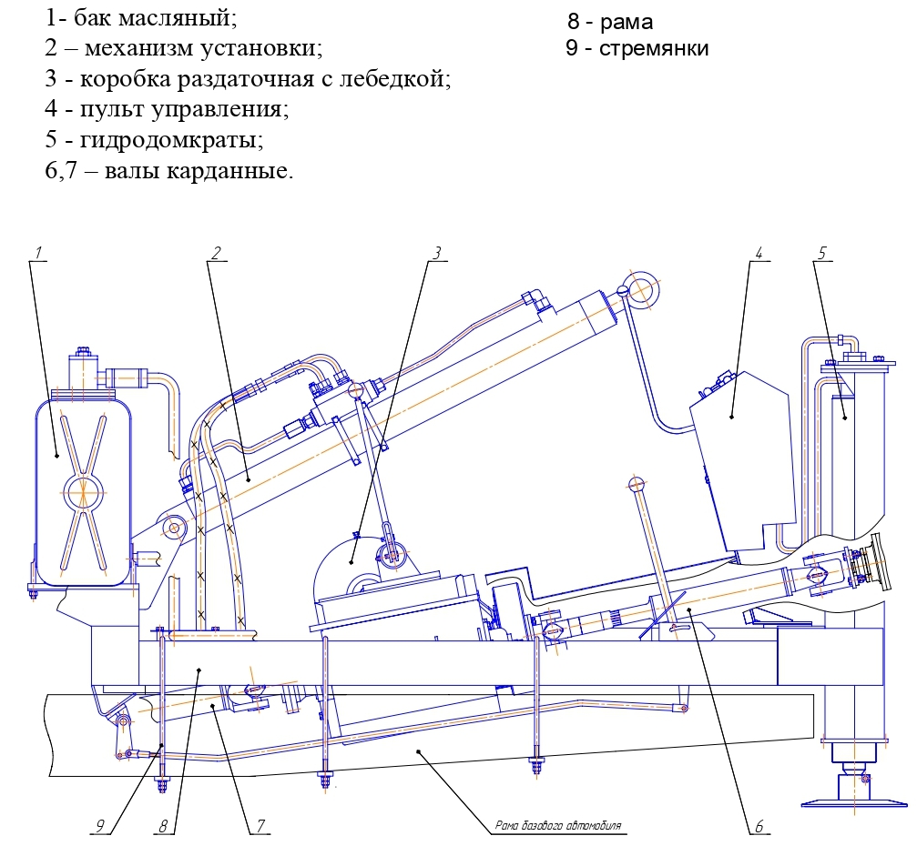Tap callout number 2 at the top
coord(216,253)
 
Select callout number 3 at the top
coord(437,253)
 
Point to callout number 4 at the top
coord(758,253)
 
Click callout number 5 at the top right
coord(821,253)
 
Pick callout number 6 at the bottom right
coord(758,827)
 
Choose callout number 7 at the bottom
coord(260,826)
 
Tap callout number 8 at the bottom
coord(164,826)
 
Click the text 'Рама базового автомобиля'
coord(557,827)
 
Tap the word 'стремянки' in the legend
coord(654,48)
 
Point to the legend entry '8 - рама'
coord(609,21)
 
